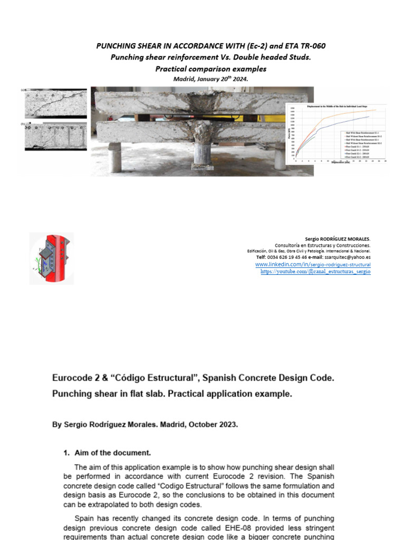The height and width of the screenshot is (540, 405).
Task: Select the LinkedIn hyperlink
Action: (313, 264)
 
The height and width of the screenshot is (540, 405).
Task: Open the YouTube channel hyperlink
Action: (315, 272)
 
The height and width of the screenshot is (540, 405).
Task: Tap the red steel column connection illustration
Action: (51, 258)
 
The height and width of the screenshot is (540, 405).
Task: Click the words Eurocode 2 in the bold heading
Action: (75, 379)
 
